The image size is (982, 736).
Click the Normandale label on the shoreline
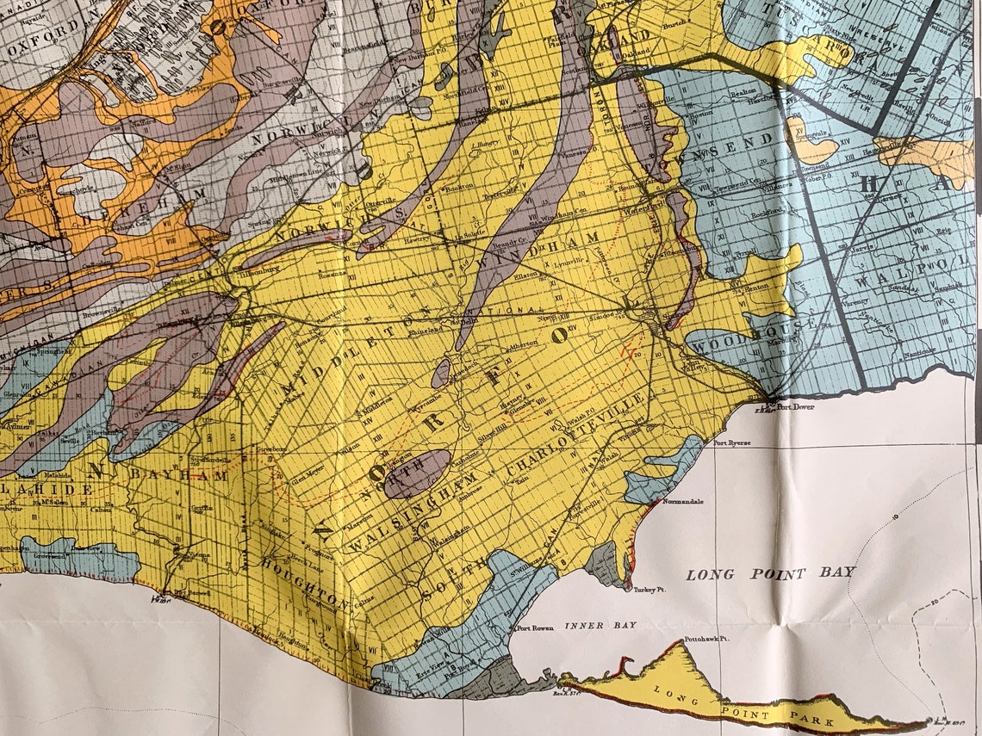[681, 500]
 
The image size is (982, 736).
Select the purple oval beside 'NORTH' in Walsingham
[417, 473]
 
